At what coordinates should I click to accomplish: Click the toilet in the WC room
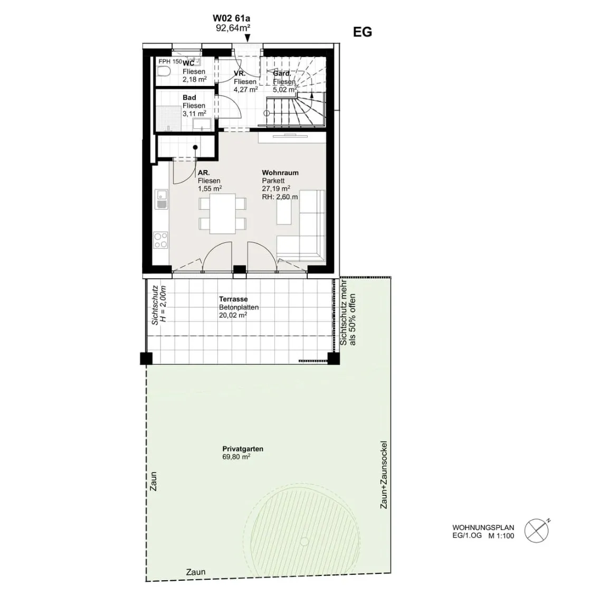164,72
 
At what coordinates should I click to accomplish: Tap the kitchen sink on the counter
161,198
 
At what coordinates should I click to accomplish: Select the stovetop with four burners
160,240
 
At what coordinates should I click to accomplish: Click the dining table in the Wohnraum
223,214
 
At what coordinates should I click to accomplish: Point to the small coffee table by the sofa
284,211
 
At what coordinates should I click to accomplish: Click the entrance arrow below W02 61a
248,37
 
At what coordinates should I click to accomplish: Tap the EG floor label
363,32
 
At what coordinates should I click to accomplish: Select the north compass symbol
537,530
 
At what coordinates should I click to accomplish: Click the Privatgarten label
243,449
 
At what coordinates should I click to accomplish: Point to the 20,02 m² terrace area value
233,315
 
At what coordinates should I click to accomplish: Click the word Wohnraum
280,173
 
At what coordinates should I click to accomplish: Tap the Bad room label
189,97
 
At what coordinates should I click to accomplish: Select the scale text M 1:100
501,536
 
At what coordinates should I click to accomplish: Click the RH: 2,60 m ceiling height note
280,197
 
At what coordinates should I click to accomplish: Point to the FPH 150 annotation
170,61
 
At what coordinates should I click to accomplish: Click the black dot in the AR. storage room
195,147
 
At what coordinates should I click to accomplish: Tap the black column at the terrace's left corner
146,358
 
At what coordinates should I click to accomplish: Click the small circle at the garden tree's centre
305,542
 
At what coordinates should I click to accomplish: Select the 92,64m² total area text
233,28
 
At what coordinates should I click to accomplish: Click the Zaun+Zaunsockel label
384,475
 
